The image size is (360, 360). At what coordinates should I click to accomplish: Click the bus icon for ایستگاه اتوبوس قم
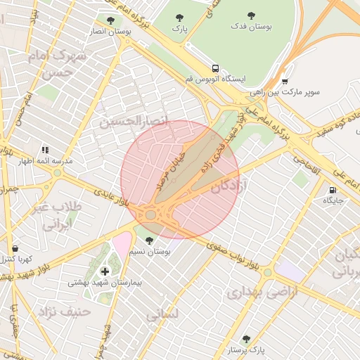coord(215,69)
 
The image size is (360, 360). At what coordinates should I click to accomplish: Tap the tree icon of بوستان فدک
coord(252,15)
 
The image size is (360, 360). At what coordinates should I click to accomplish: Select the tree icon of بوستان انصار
coord(110,20)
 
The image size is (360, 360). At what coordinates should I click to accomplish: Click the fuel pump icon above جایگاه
coord(332,190)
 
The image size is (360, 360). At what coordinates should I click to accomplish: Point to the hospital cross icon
coord(105,271)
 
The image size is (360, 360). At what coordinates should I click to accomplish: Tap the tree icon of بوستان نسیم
coord(148,240)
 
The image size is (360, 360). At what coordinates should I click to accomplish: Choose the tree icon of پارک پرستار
coord(246,339)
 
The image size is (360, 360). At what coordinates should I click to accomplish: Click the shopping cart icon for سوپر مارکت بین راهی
coord(285,82)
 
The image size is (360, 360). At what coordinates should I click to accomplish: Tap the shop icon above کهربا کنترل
coord(15,249)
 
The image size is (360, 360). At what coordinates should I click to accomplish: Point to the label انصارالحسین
coord(134,121)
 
